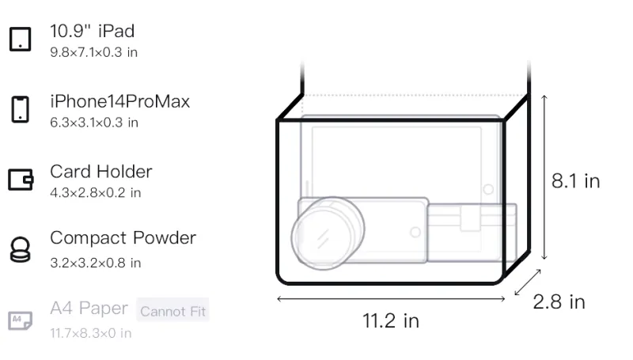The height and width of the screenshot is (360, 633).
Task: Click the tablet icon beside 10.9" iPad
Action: (21, 39)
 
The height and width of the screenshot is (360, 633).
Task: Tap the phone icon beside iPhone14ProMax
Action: (21, 109)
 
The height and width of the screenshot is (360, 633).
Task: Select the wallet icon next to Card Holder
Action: (21, 180)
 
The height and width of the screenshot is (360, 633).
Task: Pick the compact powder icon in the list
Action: (21, 250)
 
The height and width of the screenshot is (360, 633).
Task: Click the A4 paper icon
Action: (21, 320)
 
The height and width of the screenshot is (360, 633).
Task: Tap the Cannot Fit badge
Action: (172, 311)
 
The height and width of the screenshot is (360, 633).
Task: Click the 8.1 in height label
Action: (576, 181)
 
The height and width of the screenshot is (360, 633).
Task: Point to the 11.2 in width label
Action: (391, 321)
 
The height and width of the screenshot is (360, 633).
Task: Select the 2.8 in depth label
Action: (559, 302)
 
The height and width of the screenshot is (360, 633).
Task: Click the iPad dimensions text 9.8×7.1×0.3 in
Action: (93, 52)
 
